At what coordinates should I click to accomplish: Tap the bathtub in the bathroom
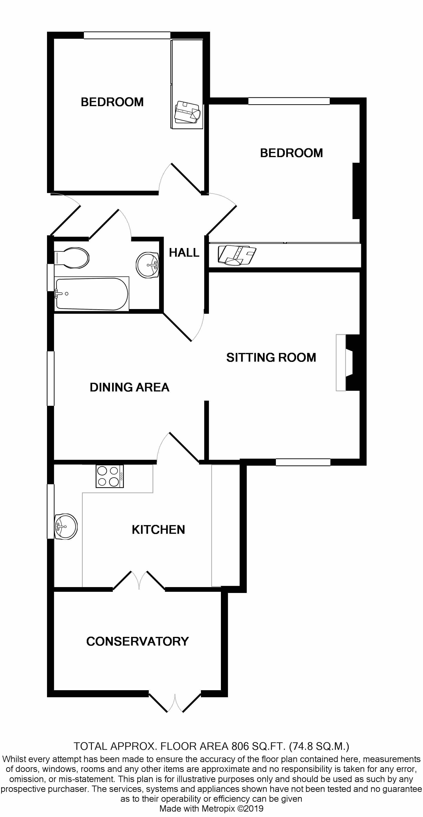pos(92,294)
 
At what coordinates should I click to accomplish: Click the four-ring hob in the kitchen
pos(110,476)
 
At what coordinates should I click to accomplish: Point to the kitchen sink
pos(66,527)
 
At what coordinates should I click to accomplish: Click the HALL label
pos(184,253)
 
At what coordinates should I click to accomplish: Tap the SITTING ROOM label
pos(271,357)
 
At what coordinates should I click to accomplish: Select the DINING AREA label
pos(129,387)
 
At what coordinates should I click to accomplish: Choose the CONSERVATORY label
pos(137,642)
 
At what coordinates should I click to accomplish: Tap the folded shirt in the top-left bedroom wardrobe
pos(187,112)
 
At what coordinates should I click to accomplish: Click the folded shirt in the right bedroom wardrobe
pos(237,255)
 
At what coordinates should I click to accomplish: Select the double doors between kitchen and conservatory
pos(139,581)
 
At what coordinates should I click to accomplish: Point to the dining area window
pos(51,378)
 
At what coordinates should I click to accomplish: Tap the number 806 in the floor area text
pos(240,746)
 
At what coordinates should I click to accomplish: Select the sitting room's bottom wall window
pos(303,462)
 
